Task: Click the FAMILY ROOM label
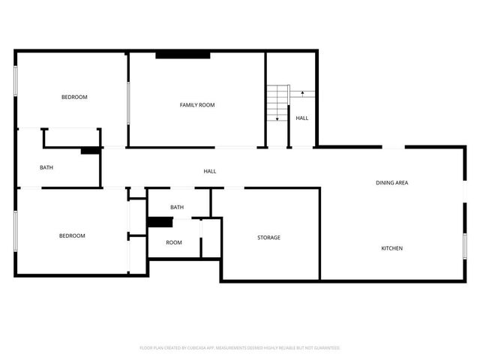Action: (196, 105)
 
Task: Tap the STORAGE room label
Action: (268, 238)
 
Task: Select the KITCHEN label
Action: (391, 248)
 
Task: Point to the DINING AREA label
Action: (391, 182)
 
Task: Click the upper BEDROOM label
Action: (74, 97)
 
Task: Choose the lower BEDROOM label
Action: (72, 235)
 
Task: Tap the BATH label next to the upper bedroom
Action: (46, 167)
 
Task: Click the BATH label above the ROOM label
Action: (177, 207)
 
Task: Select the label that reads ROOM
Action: (174, 242)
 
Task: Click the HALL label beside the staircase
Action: (301, 118)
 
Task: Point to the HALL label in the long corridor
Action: (210, 171)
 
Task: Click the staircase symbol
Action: (278, 103)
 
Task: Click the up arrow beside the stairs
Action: (302, 93)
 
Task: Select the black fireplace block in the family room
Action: (182, 55)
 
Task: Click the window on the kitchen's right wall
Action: (465, 246)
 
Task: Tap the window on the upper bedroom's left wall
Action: (16, 81)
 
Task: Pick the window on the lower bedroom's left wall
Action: (16, 230)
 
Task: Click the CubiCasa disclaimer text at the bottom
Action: (240, 348)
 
